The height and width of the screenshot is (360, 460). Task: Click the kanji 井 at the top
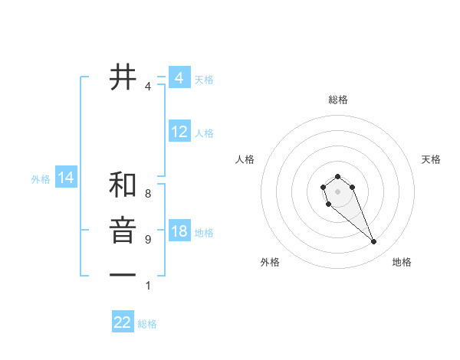(x=123, y=77)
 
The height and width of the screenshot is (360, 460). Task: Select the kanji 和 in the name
(x=123, y=185)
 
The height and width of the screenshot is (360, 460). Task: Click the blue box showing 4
(x=179, y=78)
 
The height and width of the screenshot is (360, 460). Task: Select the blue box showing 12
(x=179, y=132)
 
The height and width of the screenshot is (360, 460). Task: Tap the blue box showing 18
(x=179, y=231)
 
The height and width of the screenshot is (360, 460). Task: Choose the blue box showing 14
(x=66, y=178)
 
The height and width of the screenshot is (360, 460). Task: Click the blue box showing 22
(x=123, y=322)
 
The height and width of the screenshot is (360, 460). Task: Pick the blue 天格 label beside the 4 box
(x=204, y=80)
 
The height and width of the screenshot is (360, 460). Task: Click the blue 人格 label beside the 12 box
(x=204, y=133)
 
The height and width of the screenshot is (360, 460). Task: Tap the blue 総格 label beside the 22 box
(x=147, y=324)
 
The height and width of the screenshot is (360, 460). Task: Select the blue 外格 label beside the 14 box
(x=41, y=179)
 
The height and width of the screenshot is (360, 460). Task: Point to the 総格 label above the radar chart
(x=338, y=100)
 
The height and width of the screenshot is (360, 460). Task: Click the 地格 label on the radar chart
(x=402, y=262)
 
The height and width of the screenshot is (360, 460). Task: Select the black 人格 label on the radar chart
(x=245, y=159)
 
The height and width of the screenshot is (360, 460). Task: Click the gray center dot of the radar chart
(x=338, y=191)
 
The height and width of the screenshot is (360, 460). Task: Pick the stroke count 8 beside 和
(x=148, y=194)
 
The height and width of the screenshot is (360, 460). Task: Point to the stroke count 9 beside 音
(x=148, y=239)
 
